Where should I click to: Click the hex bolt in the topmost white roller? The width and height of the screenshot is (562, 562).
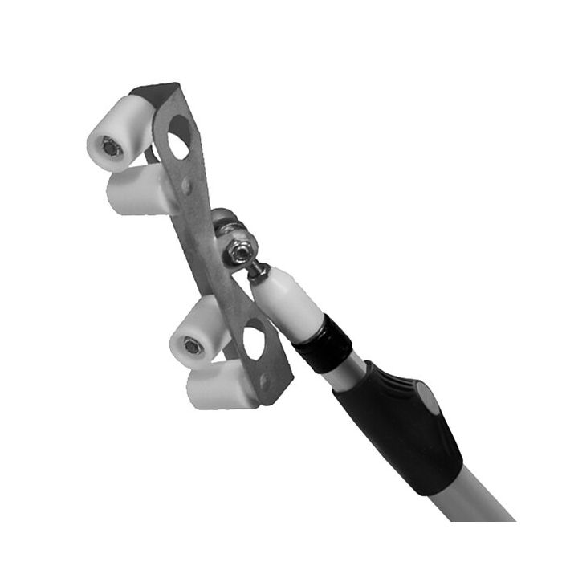pos(110,146)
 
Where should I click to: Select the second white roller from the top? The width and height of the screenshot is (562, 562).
pos(136,191)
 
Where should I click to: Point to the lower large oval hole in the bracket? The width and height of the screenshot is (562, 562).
pos(254,341)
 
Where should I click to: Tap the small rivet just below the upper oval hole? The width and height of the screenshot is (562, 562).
pos(186,186)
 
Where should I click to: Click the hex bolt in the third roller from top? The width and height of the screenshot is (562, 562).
pos(192,346)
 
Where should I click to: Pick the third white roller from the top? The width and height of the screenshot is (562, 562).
pos(197,333)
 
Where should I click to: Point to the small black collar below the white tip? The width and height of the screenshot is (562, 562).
pos(323,343)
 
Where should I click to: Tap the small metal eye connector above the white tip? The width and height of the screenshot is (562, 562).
pos(256,271)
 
